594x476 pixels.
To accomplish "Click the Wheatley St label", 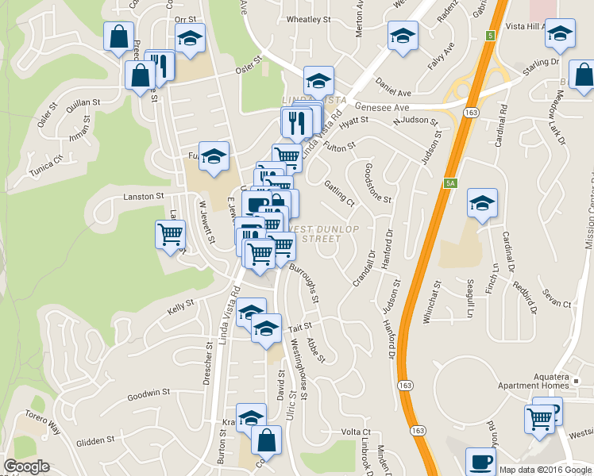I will [x=308, y=18].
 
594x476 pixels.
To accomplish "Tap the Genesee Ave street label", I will [x=382, y=106].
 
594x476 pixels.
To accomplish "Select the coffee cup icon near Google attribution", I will [x=480, y=461].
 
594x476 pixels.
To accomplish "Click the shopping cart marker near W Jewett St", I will [x=171, y=235].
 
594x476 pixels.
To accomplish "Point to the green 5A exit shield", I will [x=450, y=184].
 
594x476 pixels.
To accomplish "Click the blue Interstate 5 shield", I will [x=492, y=36].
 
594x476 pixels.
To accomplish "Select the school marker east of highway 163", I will [x=482, y=203].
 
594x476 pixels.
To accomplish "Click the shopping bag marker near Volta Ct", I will [x=267, y=440].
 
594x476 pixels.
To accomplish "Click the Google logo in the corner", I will [x=27, y=466].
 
